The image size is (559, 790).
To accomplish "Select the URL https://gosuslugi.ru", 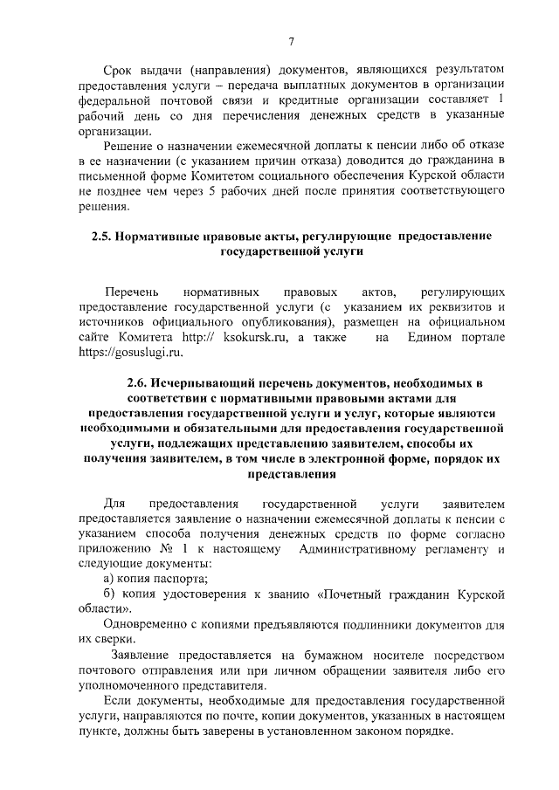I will click(x=132, y=354).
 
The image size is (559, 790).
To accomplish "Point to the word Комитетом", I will click(x=206, y=177).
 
